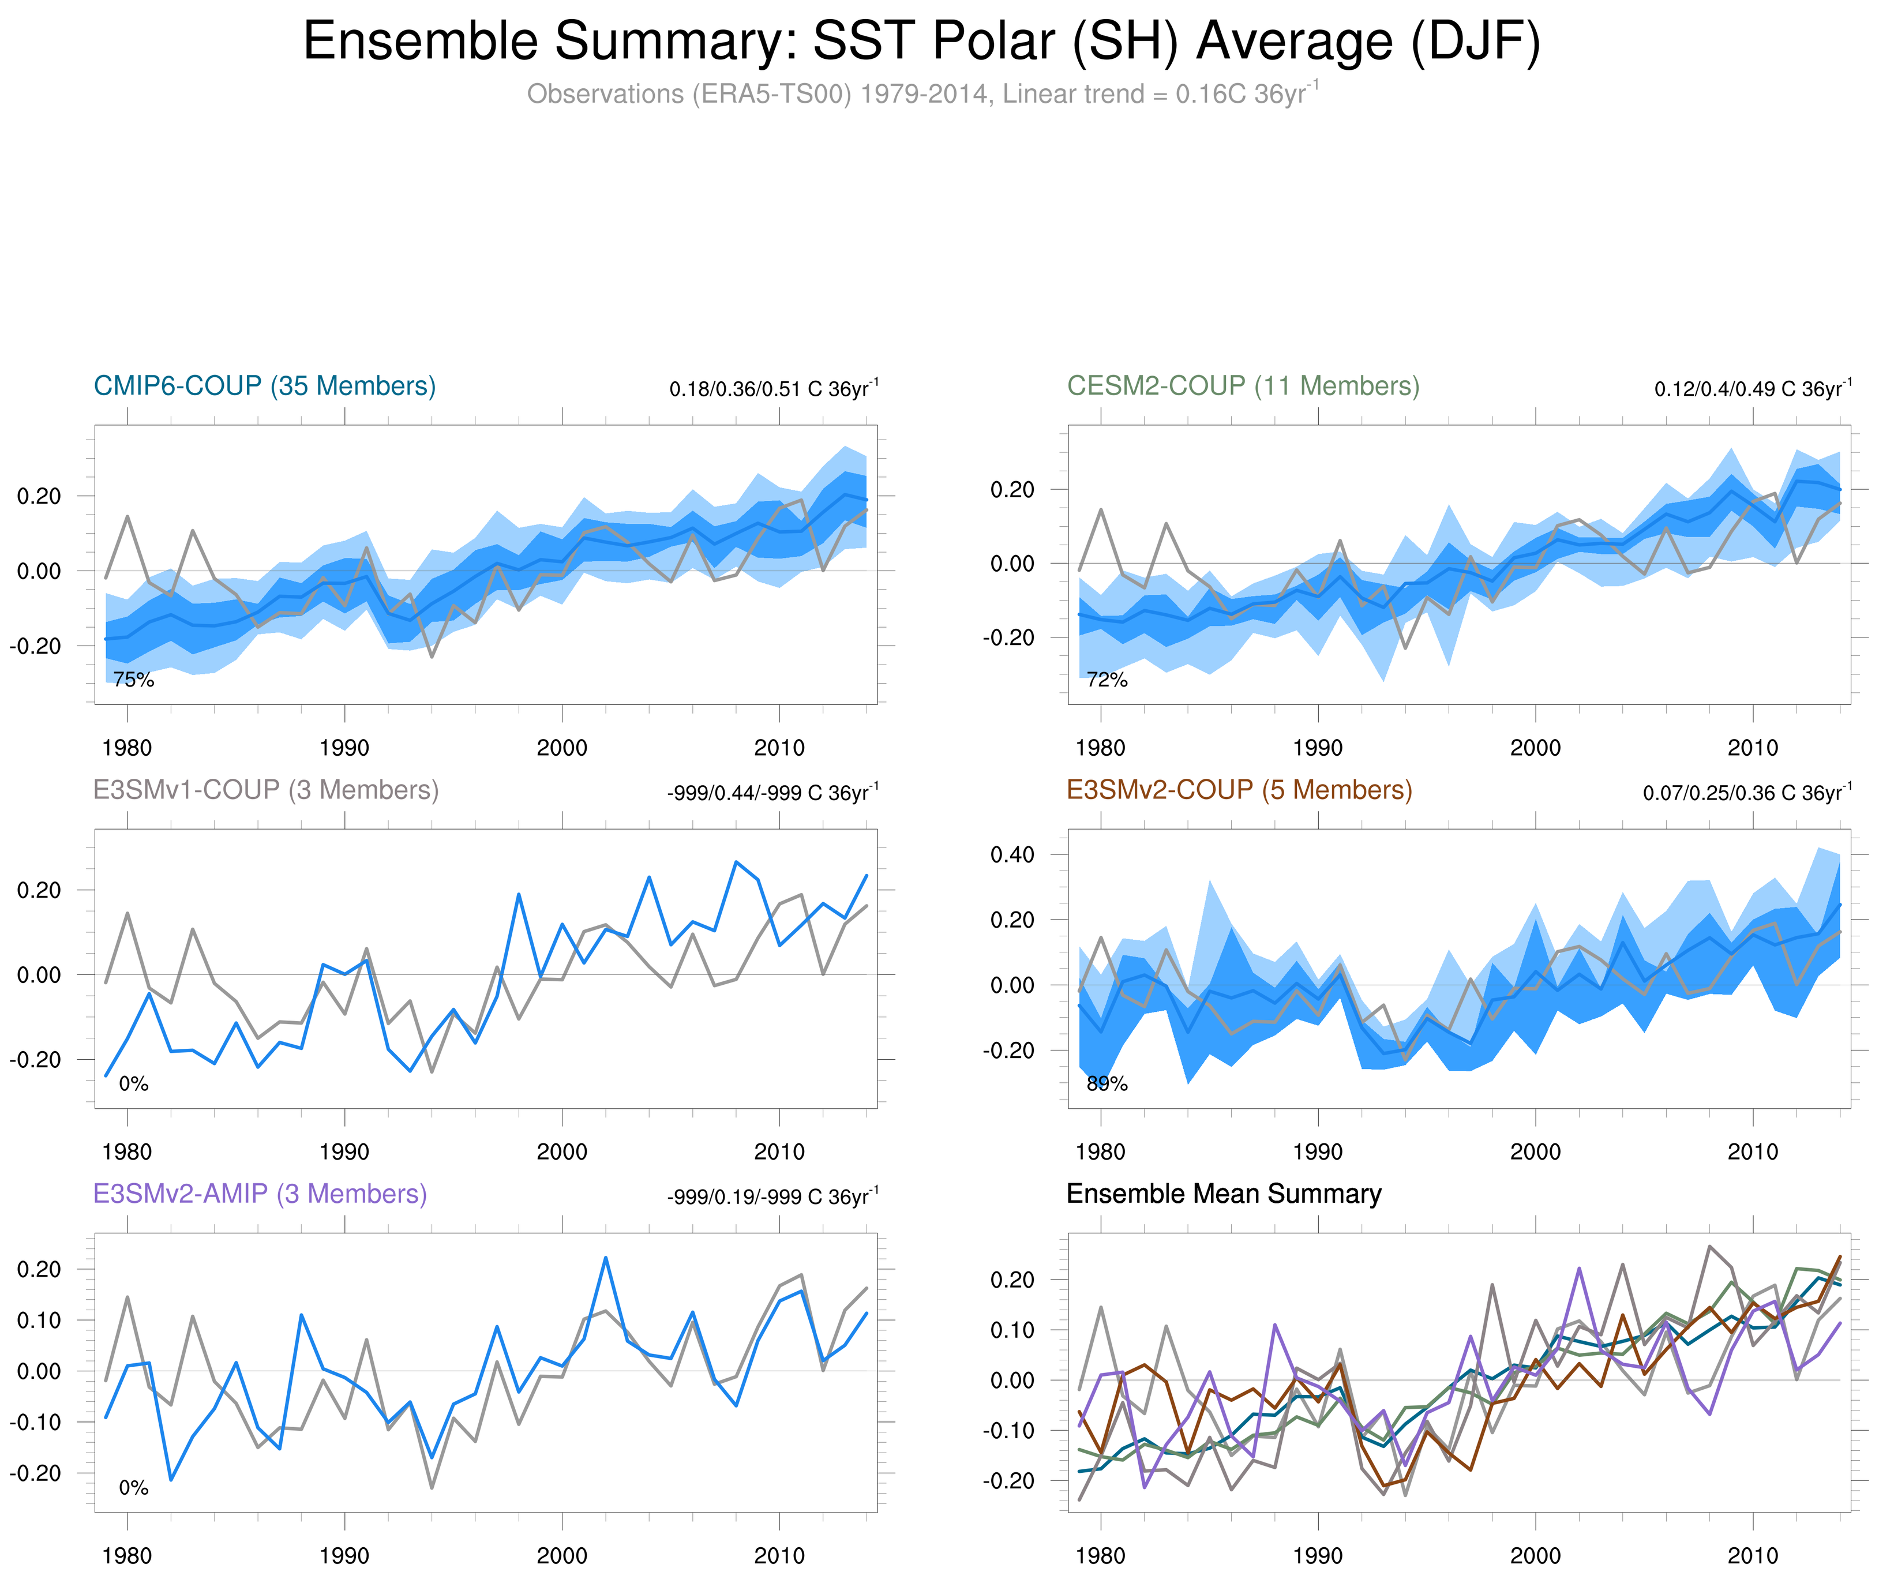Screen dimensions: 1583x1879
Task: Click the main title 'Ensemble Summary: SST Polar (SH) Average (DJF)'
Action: [921, 42]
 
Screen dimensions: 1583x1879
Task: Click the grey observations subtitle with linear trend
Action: [921, 93]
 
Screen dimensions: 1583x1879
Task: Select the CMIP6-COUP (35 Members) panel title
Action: [265, 386]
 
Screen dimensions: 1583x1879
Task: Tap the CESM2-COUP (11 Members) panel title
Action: [1243, 386]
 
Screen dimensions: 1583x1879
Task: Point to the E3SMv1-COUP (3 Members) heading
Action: [265, 790]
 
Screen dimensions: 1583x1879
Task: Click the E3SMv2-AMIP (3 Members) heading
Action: [260, 1194]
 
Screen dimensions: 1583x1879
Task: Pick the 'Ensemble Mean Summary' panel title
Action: [1224, 1194]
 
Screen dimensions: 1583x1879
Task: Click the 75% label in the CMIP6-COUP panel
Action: [134, 680]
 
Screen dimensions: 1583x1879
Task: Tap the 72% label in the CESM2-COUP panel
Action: [1107, 680]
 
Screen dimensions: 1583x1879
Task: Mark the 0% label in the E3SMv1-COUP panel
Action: [134, 1084]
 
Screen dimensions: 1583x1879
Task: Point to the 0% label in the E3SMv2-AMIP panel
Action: [134, 1488]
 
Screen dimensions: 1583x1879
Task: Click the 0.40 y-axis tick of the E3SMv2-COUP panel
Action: [1012, 854]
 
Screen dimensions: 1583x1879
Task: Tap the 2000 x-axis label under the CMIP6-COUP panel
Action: [562, 748]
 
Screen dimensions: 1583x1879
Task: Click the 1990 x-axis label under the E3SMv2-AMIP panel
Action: [344, 1556]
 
